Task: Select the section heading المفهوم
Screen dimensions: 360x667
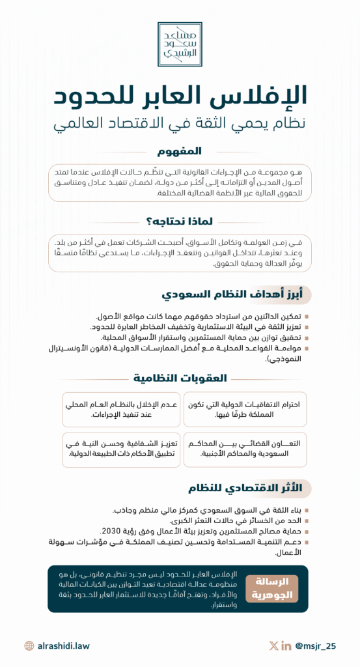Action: click(180, 152)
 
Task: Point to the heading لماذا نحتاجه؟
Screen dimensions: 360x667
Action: click(180, 221)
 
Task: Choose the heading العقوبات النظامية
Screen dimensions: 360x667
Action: click(180, 377)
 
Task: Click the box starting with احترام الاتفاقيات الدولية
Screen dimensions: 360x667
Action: click(245, 409)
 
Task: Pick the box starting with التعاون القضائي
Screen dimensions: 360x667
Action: click(245, 449)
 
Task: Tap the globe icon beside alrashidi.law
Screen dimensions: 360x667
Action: click(29, 646)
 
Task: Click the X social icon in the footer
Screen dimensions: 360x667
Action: click(273, 646)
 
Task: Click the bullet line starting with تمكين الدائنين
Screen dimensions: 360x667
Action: click(199, 316)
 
